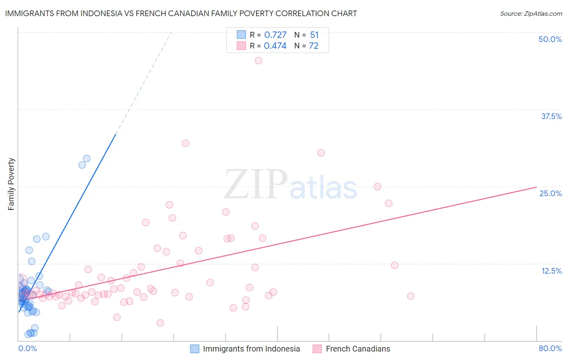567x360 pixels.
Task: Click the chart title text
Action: coord(181,13)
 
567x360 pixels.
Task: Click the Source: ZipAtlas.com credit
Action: coord(531,13)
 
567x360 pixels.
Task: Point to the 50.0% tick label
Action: coord(550,39)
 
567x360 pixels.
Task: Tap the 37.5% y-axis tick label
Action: coord(551,116)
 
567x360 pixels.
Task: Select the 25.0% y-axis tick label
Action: coord(550,193)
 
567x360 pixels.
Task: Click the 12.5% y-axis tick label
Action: coord(551,271)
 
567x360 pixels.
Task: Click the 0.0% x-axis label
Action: coord(27,348)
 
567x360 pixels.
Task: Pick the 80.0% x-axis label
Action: coord(550,348)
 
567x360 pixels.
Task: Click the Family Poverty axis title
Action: coord(11,184)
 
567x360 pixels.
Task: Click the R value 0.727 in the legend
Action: coord(275,35)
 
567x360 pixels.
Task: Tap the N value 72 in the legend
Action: coord(313,46)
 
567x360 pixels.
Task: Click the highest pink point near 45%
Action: coord(258,61)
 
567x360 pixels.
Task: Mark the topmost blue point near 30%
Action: coord(87,159)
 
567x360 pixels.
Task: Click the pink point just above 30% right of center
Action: coord(321,153)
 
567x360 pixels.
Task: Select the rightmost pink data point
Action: coord(411,296)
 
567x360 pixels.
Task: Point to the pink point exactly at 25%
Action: coord(377,187)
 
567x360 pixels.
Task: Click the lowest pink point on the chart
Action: coord(160,323)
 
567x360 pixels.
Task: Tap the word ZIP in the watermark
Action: coord(256,184)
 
